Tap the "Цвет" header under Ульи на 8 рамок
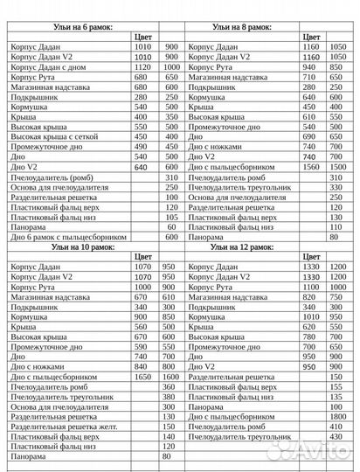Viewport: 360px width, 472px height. (311, 37)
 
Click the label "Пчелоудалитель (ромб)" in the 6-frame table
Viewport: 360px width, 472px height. (52, 177)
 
